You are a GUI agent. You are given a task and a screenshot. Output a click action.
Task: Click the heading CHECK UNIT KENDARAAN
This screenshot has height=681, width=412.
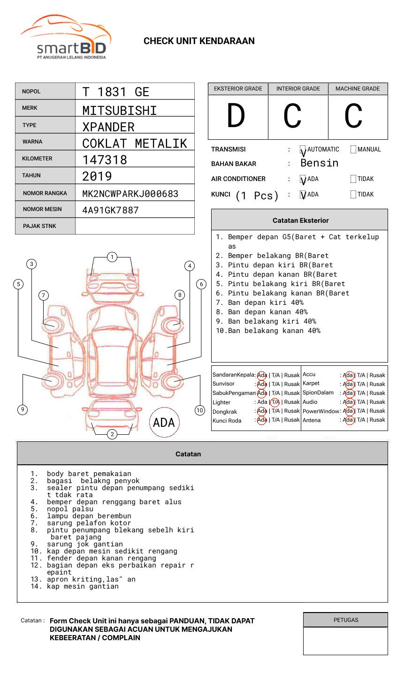tap(199, 41)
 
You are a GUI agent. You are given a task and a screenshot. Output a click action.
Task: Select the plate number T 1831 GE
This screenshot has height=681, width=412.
tap(115, 92)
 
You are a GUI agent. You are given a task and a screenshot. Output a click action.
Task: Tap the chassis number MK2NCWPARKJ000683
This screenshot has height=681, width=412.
tap(130, 194)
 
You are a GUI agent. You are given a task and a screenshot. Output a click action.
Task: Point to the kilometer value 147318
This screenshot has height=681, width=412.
tap(105, 160)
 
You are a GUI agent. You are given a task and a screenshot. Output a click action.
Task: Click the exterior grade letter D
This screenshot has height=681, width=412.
tap(236, 116)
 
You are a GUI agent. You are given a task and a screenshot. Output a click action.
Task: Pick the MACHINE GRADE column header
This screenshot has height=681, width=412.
tap(358, 89)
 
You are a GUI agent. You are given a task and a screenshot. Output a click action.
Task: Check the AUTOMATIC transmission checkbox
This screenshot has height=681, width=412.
tap(303, 150)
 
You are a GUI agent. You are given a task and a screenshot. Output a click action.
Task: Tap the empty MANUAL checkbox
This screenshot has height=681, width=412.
tap(353, 150)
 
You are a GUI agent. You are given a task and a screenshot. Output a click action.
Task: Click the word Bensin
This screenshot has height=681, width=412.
tap(319, 163)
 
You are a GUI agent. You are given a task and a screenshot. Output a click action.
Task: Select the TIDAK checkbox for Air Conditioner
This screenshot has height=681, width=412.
tap(353, 179)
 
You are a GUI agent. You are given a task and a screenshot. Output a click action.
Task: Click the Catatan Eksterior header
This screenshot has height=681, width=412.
tap(300, 220)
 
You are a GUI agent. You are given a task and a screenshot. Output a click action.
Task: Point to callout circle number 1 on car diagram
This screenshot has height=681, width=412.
tap(112, 257)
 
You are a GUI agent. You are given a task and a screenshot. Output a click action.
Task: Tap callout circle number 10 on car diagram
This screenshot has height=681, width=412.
tap(200, 410)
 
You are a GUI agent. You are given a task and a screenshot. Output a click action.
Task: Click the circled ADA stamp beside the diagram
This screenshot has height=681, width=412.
tap(164, 423)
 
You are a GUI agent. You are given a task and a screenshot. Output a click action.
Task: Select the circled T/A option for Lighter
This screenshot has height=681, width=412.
tap(275, 402)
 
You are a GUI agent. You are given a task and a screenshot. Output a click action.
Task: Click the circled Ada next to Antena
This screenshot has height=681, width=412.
tap(348, 420)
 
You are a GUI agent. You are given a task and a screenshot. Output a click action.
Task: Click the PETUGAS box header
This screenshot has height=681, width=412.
tap(345, 620)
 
